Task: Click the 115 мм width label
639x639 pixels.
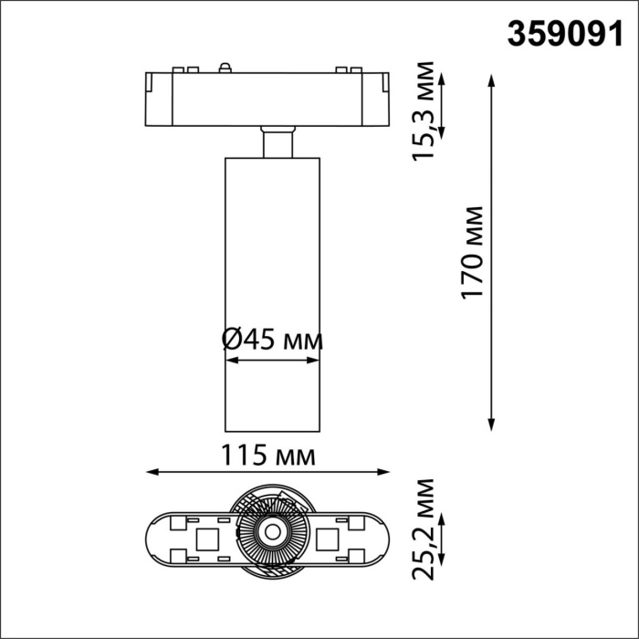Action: [x=269, y=454]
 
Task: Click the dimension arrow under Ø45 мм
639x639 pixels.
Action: [x=272, y=361]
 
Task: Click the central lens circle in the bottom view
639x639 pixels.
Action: [x=271, y=530]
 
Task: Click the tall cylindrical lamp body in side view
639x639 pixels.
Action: [x=272, y=292]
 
